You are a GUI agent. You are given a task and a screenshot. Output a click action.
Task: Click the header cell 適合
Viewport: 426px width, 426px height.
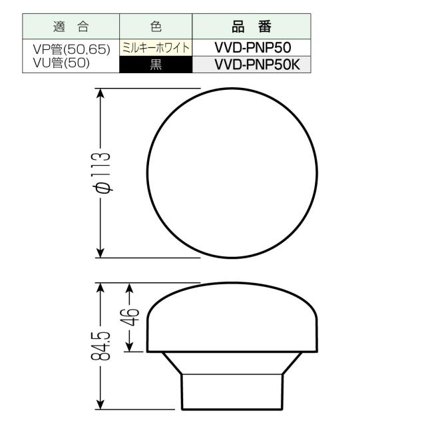click(x=71, y=27)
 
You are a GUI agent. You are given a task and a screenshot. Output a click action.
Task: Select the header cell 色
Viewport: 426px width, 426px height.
click(x=156, y=27)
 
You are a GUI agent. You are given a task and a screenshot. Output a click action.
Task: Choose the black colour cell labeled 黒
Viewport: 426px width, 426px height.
click(x=156, y=65)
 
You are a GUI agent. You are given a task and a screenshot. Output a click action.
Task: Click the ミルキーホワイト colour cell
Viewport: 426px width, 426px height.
click(x=156, y=48)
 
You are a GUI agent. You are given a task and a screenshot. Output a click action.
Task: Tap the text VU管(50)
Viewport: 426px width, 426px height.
click(x=61, y=65)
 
